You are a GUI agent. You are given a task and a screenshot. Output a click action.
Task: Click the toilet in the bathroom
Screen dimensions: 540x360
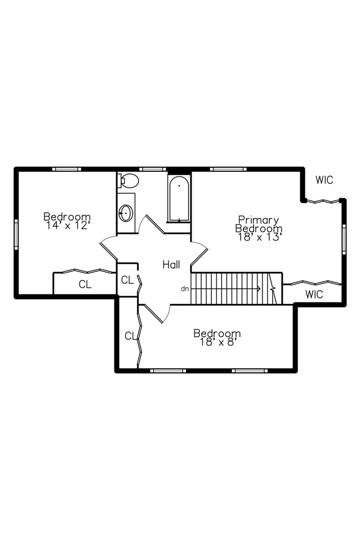(x=129, y=181)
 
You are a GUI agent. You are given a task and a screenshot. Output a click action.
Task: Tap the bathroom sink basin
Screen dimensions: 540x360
(x=126, y=213)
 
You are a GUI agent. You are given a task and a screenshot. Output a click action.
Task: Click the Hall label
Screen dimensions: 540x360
(x=171, y=264)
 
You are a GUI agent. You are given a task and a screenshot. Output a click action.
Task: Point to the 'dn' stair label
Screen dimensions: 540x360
(x=185, y=289)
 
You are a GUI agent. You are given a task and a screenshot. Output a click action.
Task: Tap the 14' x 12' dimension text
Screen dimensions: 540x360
(x=67, y=225)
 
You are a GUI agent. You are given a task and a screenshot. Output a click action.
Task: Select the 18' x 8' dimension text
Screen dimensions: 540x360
(x=217, y=342)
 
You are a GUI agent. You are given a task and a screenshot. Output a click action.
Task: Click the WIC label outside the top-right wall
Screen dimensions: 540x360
(x=325, y=180)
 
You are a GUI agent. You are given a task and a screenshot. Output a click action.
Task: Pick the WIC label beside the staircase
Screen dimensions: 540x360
(x=314, y=294)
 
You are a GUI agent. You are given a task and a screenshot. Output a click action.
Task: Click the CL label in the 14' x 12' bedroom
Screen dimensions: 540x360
(x=85, y=284)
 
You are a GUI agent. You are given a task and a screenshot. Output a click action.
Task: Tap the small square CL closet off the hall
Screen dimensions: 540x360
(x=127, y=280)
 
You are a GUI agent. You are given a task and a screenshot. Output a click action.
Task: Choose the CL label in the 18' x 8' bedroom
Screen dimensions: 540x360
(x=130, y=336)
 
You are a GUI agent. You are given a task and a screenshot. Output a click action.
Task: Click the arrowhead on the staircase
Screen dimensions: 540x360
(x=259, y=289)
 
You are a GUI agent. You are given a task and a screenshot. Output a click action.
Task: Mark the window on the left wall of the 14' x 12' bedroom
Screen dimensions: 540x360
(x=16, y=233)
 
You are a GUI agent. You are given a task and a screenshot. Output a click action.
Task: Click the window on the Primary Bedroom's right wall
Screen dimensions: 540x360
(x=344, y=239)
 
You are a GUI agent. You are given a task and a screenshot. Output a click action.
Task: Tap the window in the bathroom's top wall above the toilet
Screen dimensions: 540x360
(x=152, y=168)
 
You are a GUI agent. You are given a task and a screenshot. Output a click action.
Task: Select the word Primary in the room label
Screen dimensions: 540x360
(x=259, y=220)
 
